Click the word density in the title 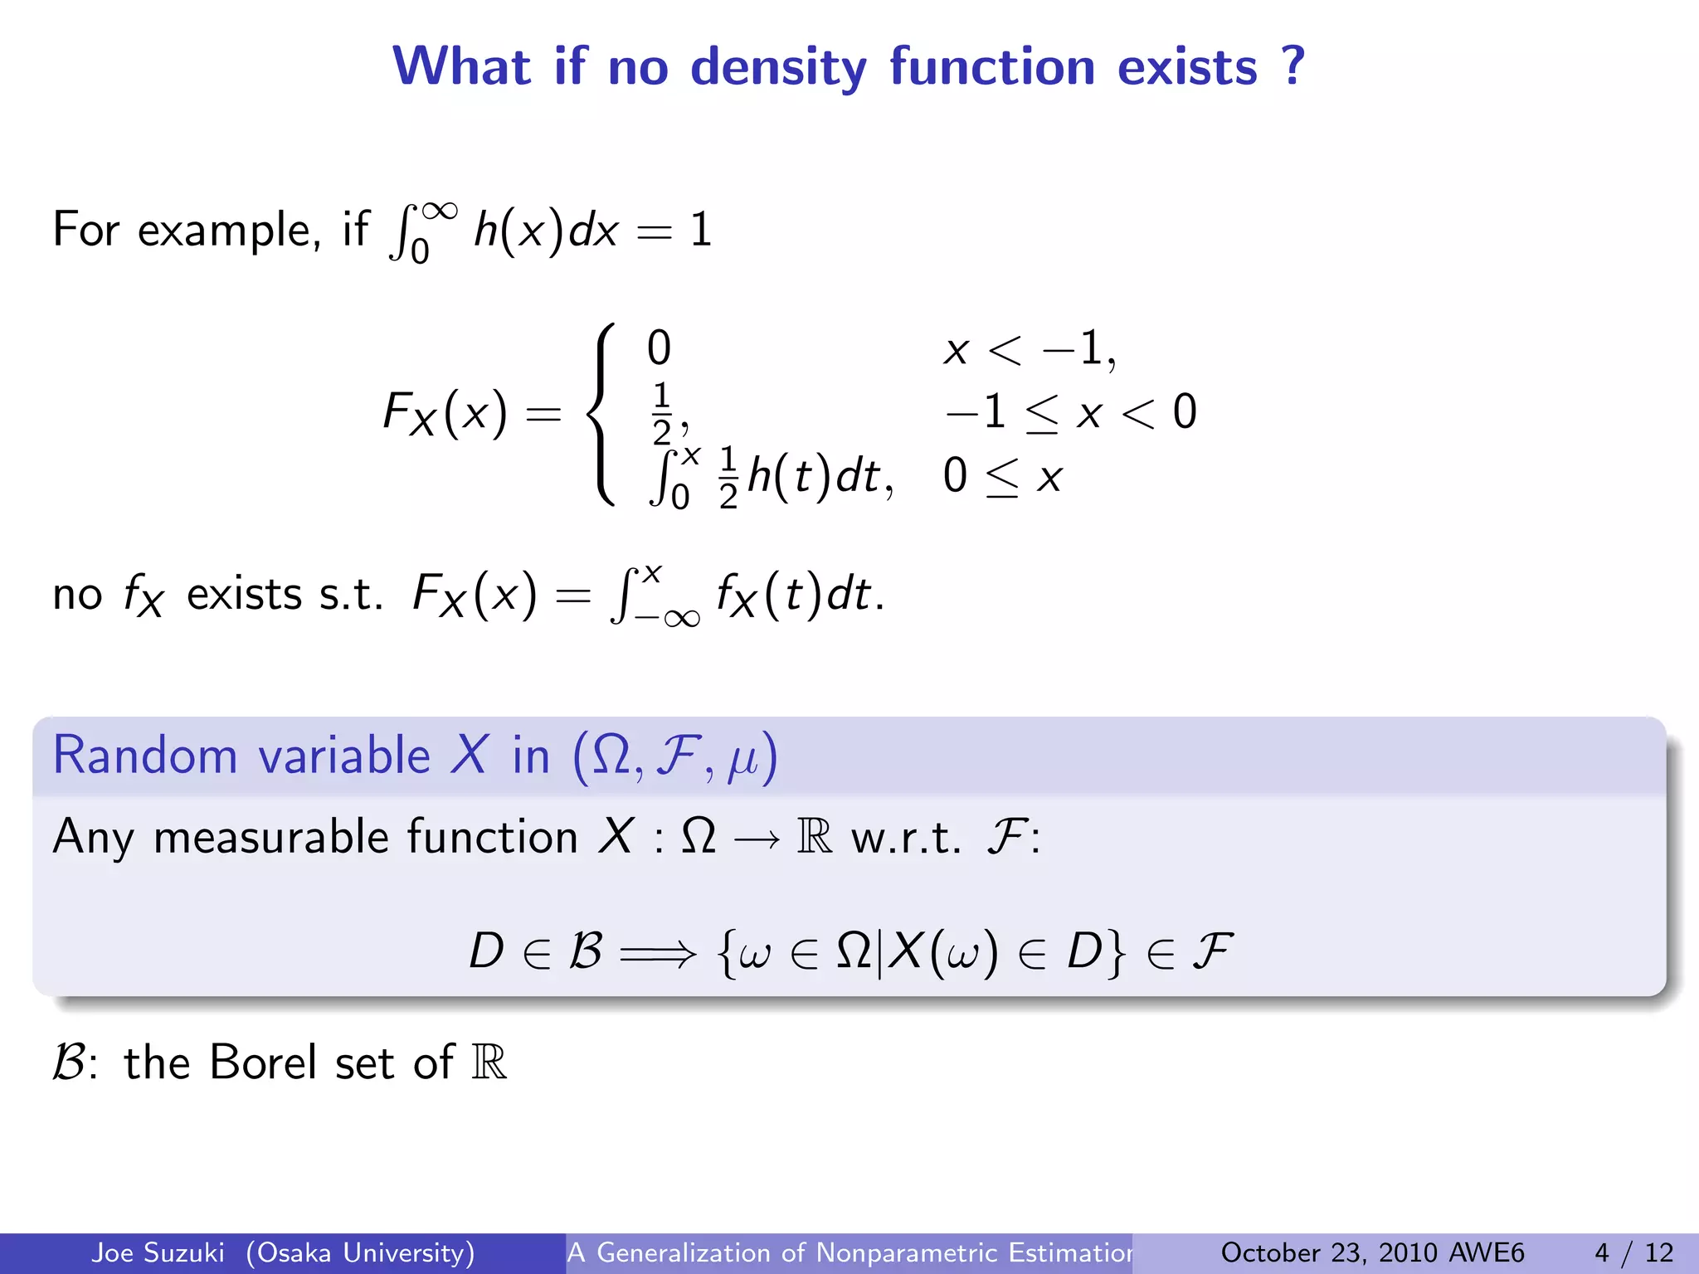pyautogui.click(x=778, y=67)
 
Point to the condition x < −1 pyautogui.click(x=1030, y=348)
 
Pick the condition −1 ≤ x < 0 pyautogui.click(x=1070, y=412)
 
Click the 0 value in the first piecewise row pyautogui.click(x=659, y=348)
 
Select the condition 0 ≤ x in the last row pyautogui.click(x=1002, y=478)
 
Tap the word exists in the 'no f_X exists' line pyautogui.click(x=244, y=595)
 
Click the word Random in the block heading pyautogui.click(x=145, y=756)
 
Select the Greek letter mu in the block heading pyautogui.click(x=742, y=761)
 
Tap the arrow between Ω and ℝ pyautogui.click(x=756, y=839)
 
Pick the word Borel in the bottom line pyautogui.click(x=263, y=1062)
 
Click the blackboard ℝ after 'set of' pyautogui.click(x=489, y=1062)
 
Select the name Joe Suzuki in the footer pyautogui.click(x=158, y=1252)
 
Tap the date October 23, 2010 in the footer pyautogui.click(x=1326, y=1252)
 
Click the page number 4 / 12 pyautogui.click(x=1633, y=1252)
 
